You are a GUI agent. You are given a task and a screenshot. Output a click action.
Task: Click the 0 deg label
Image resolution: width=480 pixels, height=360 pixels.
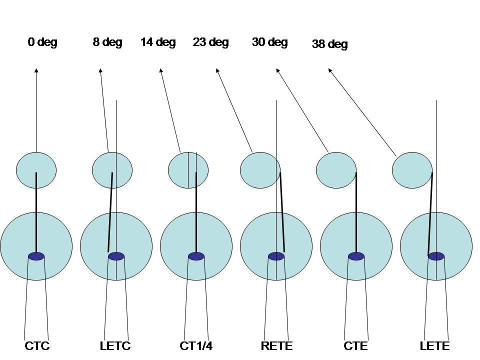(x=42, y=42)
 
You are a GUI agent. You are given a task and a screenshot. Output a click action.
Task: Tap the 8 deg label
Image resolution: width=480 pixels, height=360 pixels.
(x=107, y=42)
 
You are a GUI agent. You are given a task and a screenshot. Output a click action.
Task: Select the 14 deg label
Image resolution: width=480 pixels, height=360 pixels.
(x=158, y=42)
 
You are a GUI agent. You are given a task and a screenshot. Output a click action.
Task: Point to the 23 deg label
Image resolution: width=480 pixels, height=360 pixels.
(x=210, y=42)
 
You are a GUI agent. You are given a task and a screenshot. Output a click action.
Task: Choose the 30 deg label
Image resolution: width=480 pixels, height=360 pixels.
(x=270, y=42)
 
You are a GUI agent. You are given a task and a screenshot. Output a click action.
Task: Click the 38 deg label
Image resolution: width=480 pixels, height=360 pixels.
(x=330, y=44)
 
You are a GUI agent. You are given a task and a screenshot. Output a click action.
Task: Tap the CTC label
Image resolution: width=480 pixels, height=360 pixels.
(x=37, y=345)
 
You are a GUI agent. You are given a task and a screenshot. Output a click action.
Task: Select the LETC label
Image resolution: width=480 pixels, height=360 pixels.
(x=115, y=345)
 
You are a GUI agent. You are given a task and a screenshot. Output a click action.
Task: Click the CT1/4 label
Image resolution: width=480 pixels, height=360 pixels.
(x=196, y=345)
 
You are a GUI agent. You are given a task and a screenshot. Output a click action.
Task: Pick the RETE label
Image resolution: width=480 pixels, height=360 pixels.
(x=276, y=345)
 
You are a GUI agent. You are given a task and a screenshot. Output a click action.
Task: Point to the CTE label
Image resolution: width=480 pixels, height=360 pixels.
(x=356, y=345)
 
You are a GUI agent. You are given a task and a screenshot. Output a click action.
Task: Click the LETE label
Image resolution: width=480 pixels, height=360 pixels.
(x=435, y=345)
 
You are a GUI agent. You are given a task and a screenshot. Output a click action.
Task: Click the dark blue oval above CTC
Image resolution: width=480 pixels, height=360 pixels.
(x=36, y=256)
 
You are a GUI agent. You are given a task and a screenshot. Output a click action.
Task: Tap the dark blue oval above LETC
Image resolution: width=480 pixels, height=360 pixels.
(x=116, y=256)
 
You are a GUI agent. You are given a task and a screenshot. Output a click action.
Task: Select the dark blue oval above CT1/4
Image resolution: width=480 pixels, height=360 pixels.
(x=196, y=256)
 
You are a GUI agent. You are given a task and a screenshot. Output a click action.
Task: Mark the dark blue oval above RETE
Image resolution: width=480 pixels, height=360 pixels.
(x=276, y=256)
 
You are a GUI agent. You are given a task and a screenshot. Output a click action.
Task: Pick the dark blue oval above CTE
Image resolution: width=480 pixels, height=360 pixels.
(x=356, y=256)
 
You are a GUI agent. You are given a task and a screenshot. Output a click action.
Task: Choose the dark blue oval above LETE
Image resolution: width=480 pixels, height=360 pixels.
(x=436, y=256)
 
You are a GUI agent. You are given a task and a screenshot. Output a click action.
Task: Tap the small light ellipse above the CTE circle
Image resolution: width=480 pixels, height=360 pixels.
(x=336, y=170)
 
